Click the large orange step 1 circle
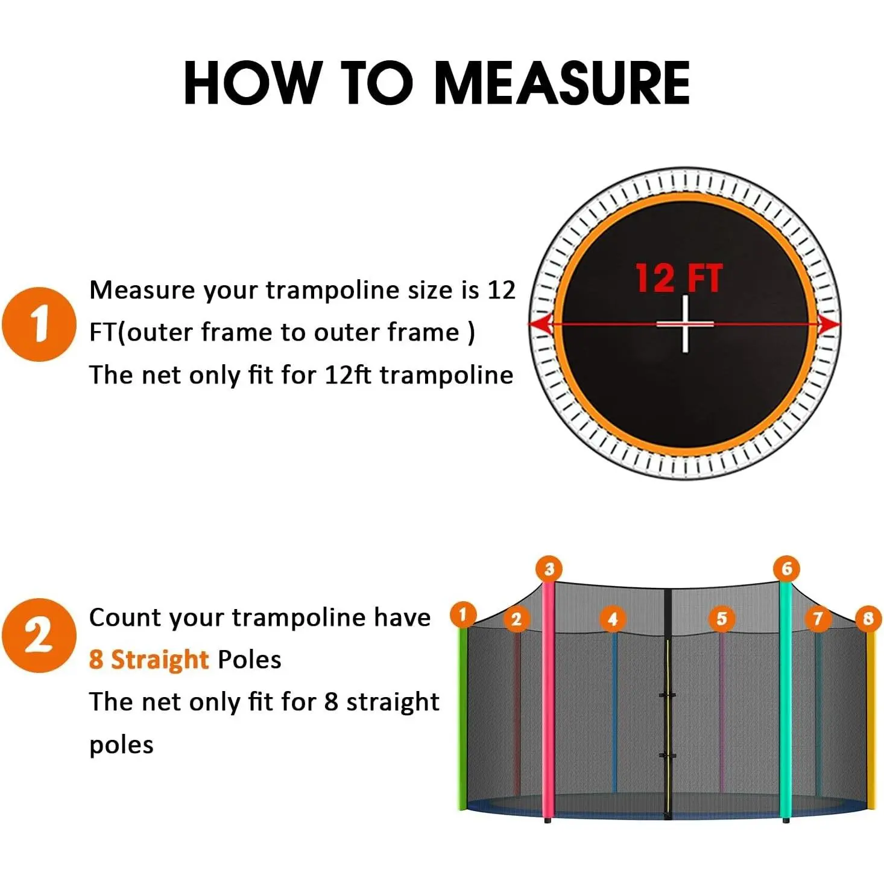click(39, 324)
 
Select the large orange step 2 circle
click(39, 636)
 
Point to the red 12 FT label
click(679, 278)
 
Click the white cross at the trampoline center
click(685, 324)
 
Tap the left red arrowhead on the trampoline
click(543, 325)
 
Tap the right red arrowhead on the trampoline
click(829, 325)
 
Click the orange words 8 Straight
click(149, 660)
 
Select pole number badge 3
click(549, 569)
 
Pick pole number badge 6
click(787, 569)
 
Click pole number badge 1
click(463, 614)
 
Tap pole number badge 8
click(868, 619)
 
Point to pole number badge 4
click(613, 619)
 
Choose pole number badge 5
click(722, 619)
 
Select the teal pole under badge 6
click(786, 702)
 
